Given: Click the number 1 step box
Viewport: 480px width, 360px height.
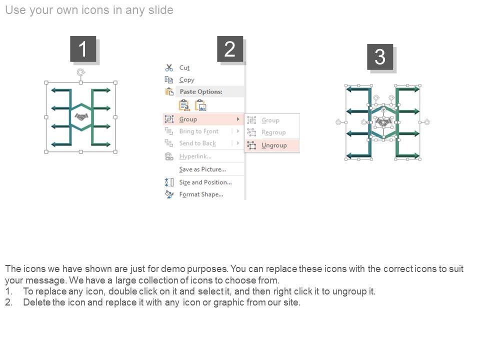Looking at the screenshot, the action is (x=83, y=49).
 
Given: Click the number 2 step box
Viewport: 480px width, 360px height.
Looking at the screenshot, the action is (x=230, y=49).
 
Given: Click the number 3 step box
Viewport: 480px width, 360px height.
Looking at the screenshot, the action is (x=380, y=57).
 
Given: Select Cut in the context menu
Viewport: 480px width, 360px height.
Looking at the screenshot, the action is (x=184, y=67).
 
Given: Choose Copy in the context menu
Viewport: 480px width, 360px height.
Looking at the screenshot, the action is (x=186, y=80).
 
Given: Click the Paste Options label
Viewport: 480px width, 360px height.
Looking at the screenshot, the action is (x=201, y=91).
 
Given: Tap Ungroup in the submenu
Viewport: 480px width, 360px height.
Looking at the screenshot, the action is (x=274, y=145).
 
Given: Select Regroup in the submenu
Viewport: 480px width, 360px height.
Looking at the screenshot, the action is (x=273, y=132).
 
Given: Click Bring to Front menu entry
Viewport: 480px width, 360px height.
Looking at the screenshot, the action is (x=198, y=131).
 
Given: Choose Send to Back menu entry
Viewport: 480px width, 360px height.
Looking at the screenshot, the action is (x=197, y=143).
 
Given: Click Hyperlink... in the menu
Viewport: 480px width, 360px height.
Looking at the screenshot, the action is (x=195, y=156).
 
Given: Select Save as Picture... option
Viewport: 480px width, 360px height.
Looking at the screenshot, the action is (x=202, y=169).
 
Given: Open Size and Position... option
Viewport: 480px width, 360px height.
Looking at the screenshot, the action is (x=205, y=182).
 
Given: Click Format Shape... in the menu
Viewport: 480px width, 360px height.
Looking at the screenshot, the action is (x=201, y=194).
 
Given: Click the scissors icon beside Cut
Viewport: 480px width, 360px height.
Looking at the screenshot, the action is (x=169, y=67).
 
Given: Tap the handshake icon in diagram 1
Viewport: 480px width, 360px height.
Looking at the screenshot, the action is (x=81, y=116).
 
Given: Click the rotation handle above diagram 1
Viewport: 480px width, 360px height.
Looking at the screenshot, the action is (x=81, y=72).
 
